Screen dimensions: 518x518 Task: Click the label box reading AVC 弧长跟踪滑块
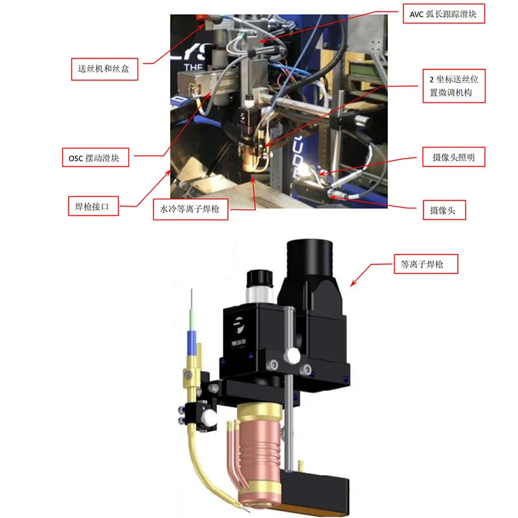444,14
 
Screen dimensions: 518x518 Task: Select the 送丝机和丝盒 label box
104,69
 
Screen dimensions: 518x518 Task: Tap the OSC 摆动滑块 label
95,157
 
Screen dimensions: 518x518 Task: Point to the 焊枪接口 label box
93,206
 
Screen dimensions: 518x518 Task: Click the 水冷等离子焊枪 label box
190,209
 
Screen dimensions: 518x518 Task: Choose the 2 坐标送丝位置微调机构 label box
454,86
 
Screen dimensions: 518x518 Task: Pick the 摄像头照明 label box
454,157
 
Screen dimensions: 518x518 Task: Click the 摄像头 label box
444,210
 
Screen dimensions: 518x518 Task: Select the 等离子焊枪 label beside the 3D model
426,264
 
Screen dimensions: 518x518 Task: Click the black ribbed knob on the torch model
260,278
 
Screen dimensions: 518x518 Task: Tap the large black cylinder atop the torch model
310,258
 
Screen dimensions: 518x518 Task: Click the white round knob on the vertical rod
292,355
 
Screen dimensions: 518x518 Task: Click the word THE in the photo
193,68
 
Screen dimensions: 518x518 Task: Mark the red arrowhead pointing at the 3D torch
353,283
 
